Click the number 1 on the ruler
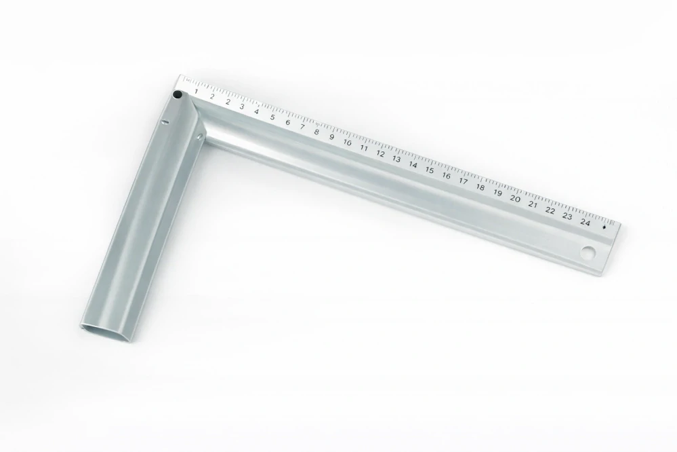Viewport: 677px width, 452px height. (196, 91)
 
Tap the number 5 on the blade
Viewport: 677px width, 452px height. (272, 117)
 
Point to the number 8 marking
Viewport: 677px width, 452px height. (316, 132)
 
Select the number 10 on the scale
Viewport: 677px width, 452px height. (348, 143)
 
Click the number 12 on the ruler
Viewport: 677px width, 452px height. (380, 153)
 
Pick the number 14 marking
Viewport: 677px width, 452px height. (413, 165)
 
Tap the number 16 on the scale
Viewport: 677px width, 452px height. (446, 176)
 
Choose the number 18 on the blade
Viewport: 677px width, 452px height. (480, 187)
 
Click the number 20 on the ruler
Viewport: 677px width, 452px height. (515, 199)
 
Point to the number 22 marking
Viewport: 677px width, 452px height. (550, 210)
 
